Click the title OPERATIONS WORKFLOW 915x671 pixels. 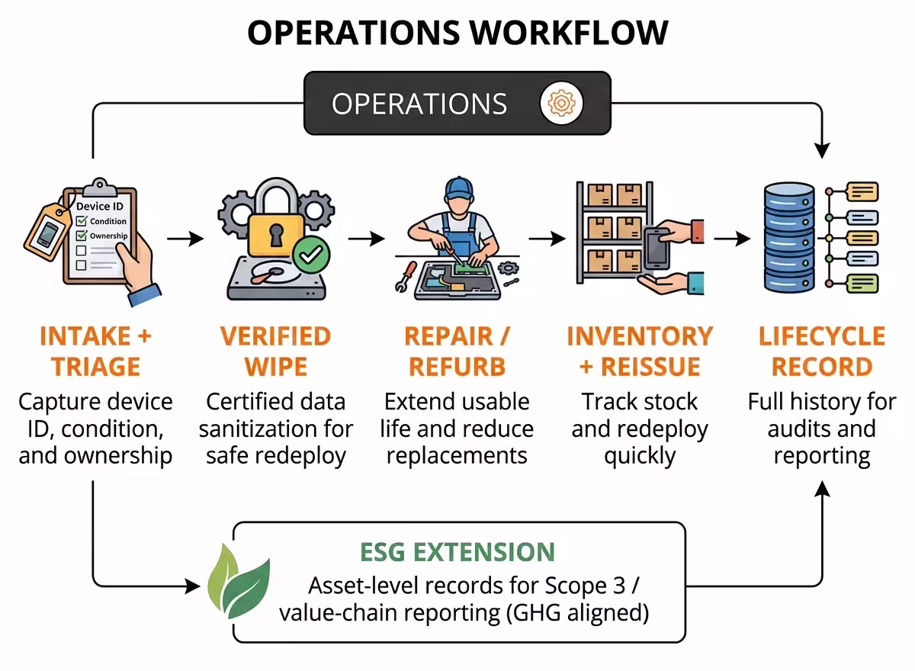457,33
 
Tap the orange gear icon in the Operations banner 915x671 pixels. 561,103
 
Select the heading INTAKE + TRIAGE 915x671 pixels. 95,352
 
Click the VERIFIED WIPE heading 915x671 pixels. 275,352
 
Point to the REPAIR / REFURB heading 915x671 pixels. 457,352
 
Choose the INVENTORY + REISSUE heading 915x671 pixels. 639,352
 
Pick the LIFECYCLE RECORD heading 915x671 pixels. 821,352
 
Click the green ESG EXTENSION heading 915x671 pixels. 457,551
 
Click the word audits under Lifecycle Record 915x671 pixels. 799,429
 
